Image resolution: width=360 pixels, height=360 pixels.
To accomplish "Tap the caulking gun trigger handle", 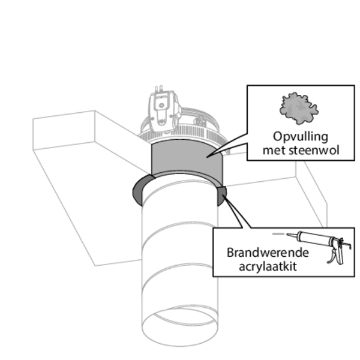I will point(332,257).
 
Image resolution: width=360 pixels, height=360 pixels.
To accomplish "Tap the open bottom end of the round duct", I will point(179,325).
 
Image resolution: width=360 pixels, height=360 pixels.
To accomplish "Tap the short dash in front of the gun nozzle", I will point(277,233).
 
